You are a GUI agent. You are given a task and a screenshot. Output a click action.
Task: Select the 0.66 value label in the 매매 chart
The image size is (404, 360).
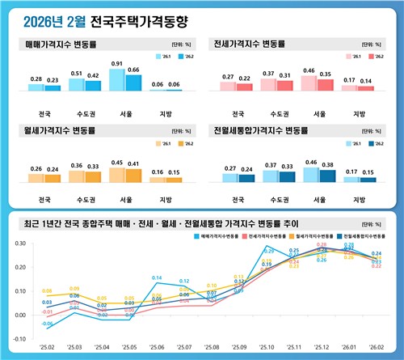pos(134,70)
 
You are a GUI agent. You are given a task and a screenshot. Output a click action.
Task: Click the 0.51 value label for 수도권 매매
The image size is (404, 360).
pos(77,73)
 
